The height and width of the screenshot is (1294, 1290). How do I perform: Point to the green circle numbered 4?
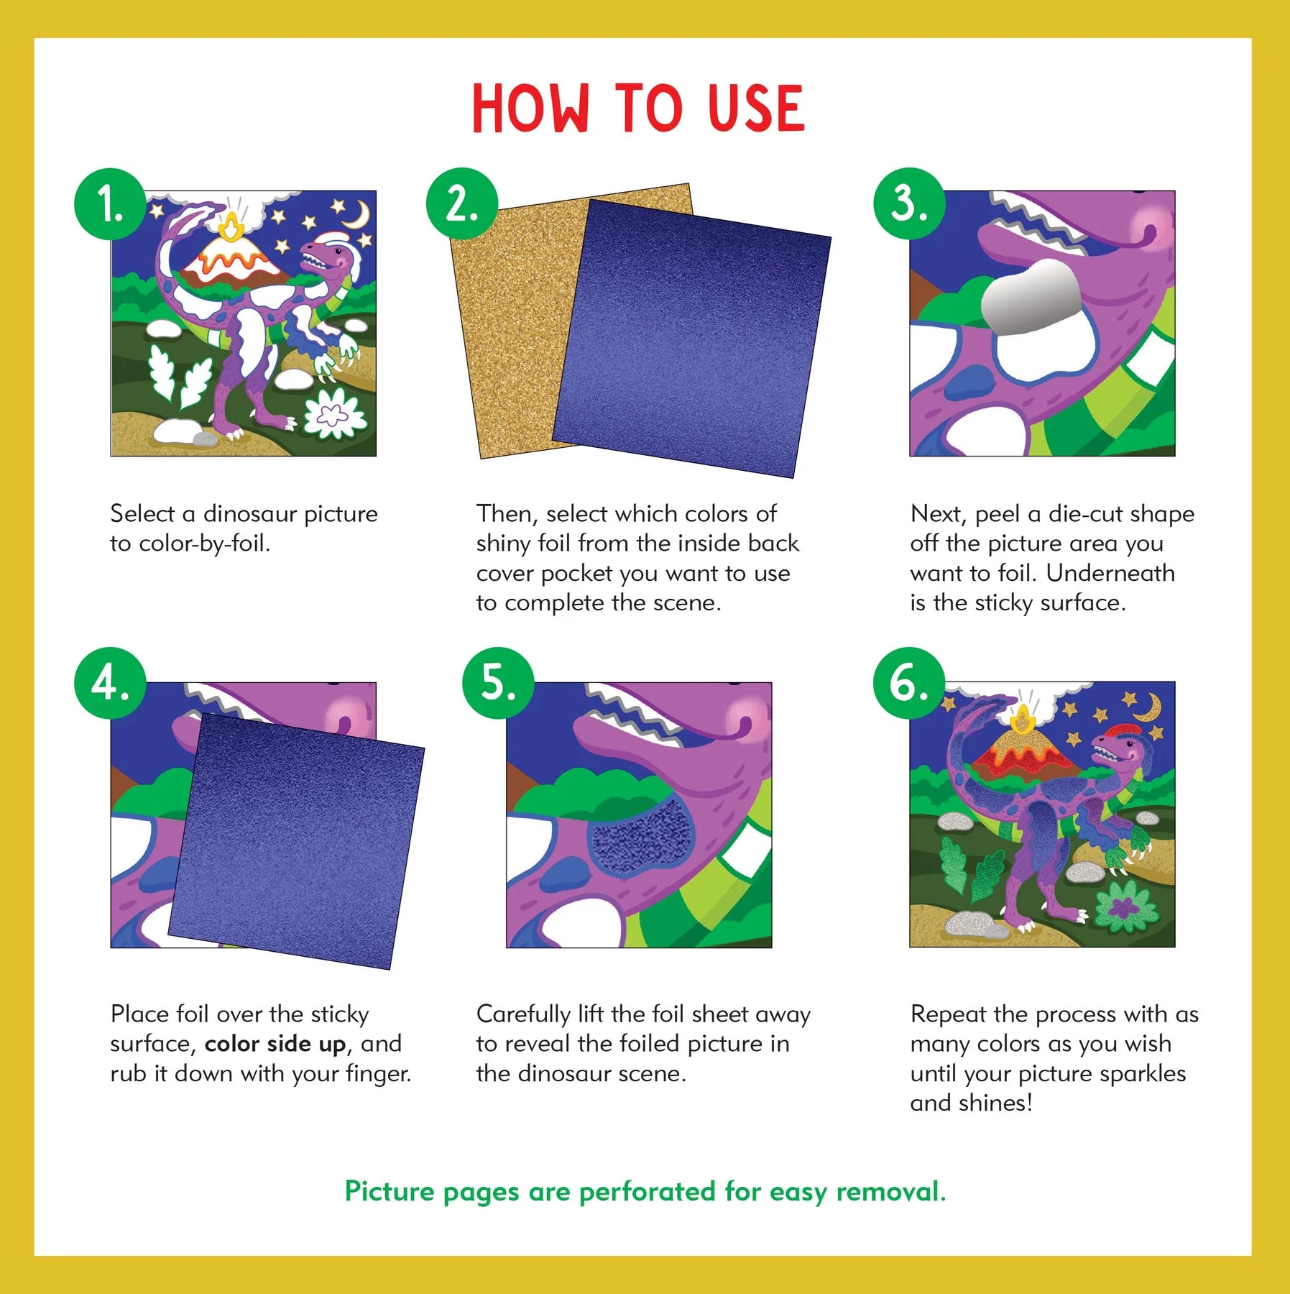pos(110,683)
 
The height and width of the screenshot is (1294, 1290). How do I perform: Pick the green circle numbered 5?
pos(498,683)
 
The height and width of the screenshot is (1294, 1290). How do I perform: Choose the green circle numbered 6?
pos(909,683)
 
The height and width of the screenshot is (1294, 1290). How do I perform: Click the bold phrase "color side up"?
pos(275,1044)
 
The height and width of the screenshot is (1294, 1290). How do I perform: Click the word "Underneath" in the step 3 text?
pos(1110,573)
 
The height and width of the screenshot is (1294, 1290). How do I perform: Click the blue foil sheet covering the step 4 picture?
pos(295,841)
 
